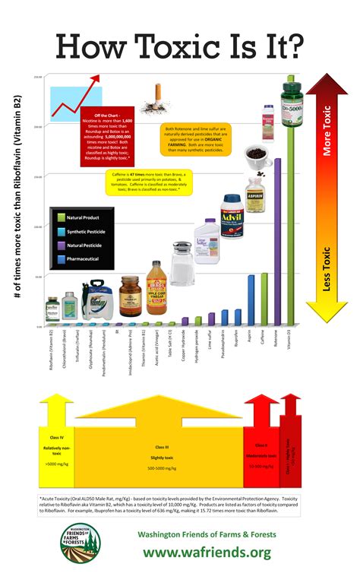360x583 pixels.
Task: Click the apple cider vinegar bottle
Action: pyautogui.click(x=156, y=288)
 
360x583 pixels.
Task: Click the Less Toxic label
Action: pyautogui.click(x=327, y=270)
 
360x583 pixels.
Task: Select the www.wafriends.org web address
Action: pyautogui.click(x=207, y=553)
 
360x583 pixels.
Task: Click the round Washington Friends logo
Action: pyautogui.click(x=81, y=544)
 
